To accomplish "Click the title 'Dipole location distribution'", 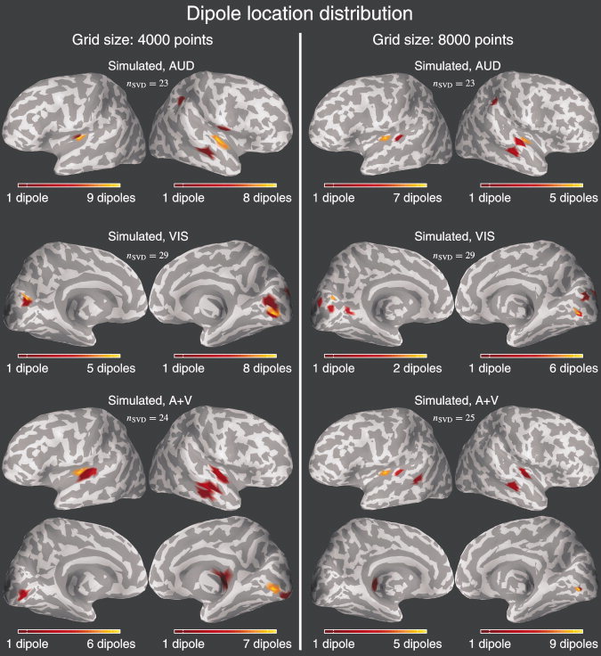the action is (x=300, y=14).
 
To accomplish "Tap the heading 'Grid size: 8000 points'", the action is (x=451, y=40).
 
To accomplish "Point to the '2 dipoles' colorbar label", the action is (x=410, y=368).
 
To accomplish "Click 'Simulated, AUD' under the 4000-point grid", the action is (x=150, y=66).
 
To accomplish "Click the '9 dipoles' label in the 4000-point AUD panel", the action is (x=108, y=197).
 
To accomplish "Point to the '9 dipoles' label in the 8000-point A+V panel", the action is (x=563, y=643).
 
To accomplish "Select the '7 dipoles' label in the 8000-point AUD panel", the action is (x=410, y=197).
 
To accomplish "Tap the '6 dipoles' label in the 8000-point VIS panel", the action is (x=563, y=368).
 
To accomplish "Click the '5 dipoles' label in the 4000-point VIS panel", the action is (x=108, y=368).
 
